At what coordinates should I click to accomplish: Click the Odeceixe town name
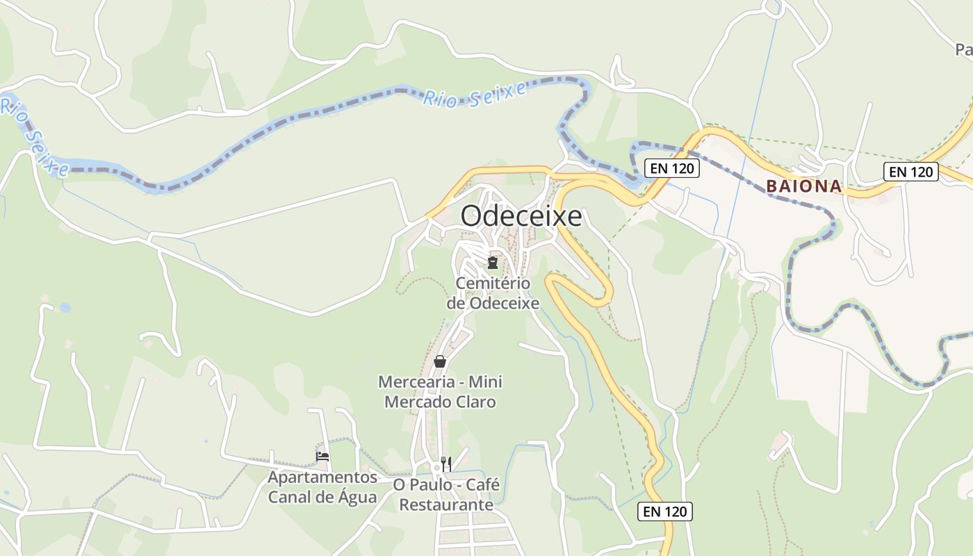[x=521, y=216]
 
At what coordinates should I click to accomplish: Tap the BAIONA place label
[x=804, y=186]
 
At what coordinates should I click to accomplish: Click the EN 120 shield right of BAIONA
[x=911, y=172]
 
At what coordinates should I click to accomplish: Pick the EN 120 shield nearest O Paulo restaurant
[x=664, y=512]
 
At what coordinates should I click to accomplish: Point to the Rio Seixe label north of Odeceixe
[x=475, y=97]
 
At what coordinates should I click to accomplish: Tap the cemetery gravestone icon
[x=493, y=263]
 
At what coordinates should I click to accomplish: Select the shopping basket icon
[x=440, y=361]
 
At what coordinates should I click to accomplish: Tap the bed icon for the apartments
[x=322, y=457]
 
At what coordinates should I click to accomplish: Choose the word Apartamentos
[x=322, y=477]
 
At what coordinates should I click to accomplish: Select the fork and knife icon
[x=446, y=464]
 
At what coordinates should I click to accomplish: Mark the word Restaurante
[x=446, y=505]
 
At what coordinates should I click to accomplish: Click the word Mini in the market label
[x=485, y=382]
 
